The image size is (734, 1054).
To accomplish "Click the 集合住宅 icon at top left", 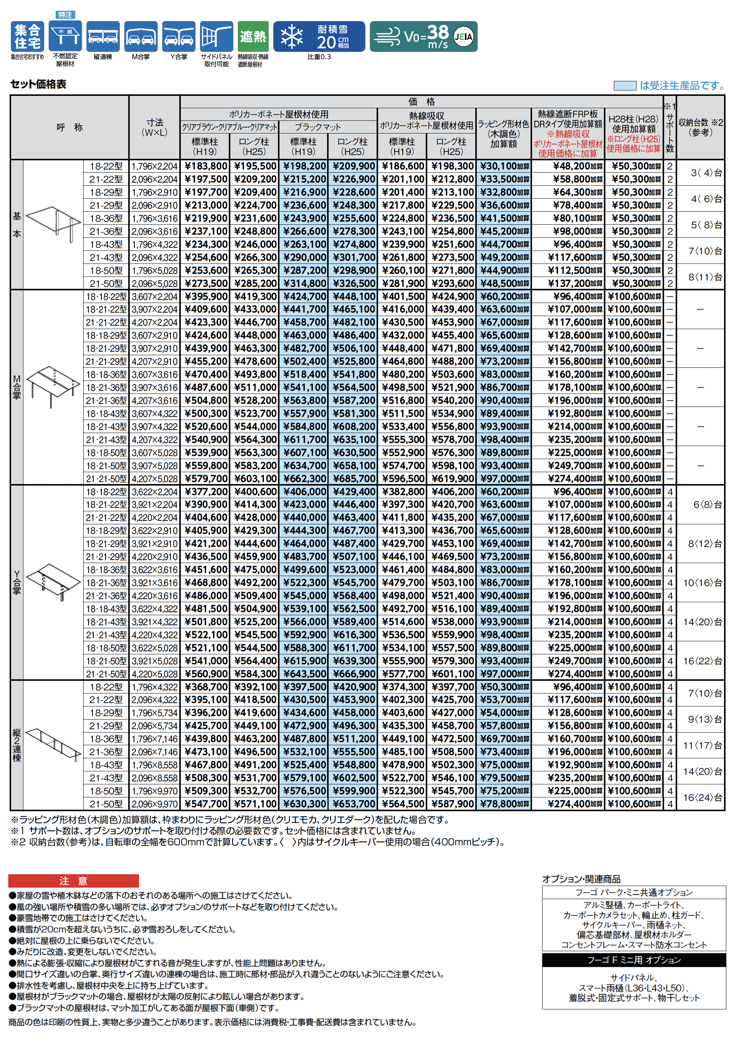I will [x=28, y=37].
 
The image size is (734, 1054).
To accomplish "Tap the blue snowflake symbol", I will [x=292, y=37].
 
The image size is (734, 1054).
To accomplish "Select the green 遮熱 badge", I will [x=253, y=36].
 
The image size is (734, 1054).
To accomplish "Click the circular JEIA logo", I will [x=463, y=37].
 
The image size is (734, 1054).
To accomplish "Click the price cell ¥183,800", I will [x=205, y=166].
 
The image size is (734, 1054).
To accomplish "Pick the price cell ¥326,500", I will [x=353, y=283].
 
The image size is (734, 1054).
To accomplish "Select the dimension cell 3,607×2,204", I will [x=154, y=296].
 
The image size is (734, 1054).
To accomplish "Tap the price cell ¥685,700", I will [x=353, y=479].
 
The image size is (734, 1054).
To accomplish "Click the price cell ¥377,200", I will [x=205, y=492].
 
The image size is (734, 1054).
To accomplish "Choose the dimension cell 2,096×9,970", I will [x=154, y=804].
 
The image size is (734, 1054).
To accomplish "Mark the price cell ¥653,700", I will [x=353, y=804].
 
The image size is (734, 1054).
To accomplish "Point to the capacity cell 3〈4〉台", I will [x=701, y=173].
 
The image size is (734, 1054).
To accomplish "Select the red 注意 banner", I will [x=73, y=881].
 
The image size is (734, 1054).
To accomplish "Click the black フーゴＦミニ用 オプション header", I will [x=634, y=960].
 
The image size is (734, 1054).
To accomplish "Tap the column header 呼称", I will [x=70, y=128].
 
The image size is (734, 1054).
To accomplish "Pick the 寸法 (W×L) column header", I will [x=154, y=128].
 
